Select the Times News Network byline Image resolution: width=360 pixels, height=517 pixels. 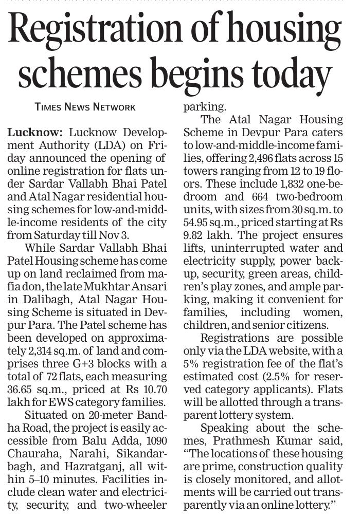pos(85,107)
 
